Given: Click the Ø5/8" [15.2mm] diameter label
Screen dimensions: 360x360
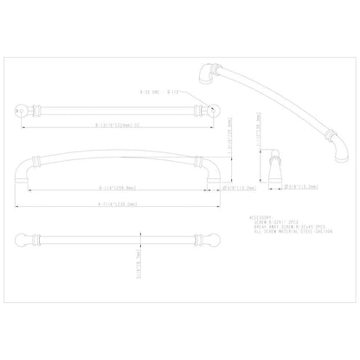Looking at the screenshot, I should (x=238, y=185).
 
